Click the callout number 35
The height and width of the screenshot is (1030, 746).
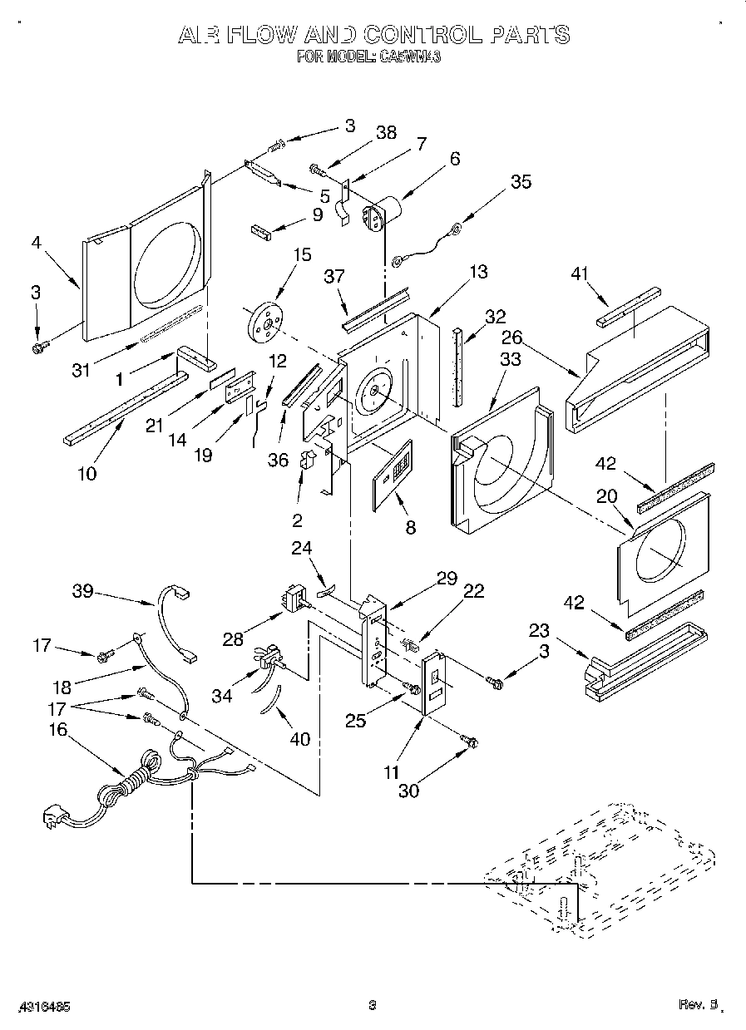521,181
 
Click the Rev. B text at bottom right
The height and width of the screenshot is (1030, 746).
697,1004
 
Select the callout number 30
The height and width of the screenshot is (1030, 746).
408,790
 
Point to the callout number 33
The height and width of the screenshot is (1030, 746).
511,358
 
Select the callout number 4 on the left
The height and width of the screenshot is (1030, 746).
37,244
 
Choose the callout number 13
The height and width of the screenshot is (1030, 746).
478,271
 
